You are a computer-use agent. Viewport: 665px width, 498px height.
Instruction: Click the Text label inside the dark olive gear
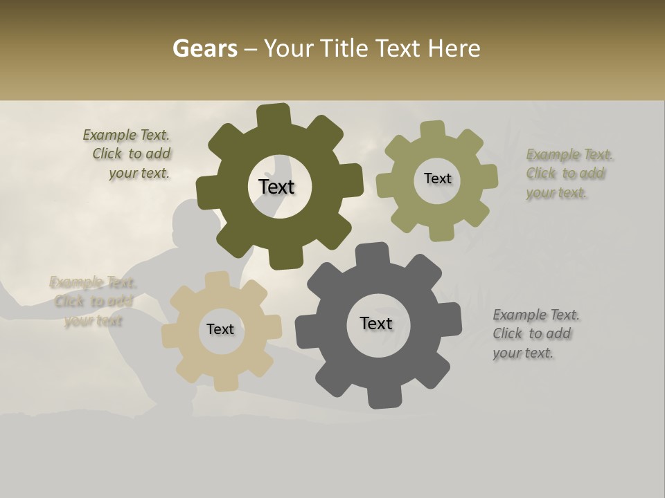click(x=276, y=187)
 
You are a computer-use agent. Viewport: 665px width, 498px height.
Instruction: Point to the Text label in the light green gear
click(x=437, y=178)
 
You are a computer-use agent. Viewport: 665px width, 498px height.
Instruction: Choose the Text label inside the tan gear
click(x=220, y=329)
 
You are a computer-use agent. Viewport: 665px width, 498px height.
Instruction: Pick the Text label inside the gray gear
click(x=376, y=323)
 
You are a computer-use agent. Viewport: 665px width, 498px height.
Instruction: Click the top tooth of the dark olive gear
click(x=274, y=115)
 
